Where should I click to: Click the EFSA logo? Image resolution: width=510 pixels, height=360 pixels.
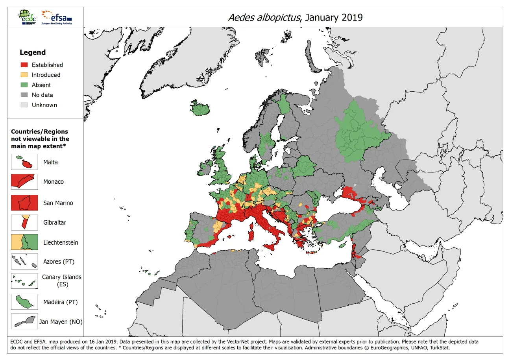coord(57,17)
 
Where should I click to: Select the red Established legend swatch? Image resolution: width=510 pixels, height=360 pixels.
coord(24,65)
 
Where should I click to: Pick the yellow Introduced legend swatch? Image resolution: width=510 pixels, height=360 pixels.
coord(24,75)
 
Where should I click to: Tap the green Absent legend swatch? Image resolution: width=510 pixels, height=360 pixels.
coord(24,85)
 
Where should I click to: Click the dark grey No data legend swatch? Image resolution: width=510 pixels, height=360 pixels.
coord(24,95)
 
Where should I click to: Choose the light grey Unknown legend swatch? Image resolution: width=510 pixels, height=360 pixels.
coord(24,105)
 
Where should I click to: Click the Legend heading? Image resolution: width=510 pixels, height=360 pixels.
coord(33,52)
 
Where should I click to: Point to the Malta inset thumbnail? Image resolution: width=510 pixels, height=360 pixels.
coord(24,162)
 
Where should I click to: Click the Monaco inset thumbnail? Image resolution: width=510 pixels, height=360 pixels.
coord(24,182)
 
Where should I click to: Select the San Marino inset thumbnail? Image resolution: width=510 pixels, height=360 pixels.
coord(24,203)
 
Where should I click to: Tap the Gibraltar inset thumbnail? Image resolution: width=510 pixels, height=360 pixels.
coord(24,222)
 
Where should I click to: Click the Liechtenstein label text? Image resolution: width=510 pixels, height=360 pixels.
coord(61,242)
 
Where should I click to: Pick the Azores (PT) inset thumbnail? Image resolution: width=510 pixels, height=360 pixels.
coord(24,262)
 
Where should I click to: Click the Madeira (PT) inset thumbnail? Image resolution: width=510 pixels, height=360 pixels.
coord(24,302)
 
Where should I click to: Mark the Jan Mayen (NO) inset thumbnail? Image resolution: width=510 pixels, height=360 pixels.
coord(24,321)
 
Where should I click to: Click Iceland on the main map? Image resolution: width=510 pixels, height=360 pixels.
coord(200,109)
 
